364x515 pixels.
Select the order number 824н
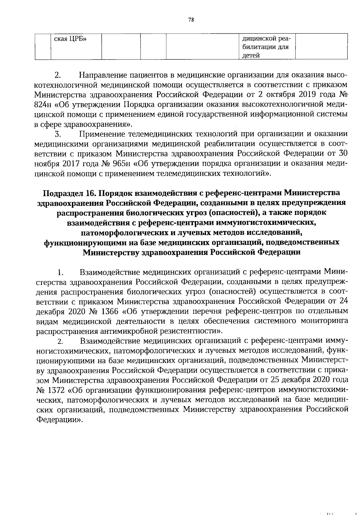point(42,105)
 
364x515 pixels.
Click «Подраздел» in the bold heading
point(62,193)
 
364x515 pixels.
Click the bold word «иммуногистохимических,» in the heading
point(263,223)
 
